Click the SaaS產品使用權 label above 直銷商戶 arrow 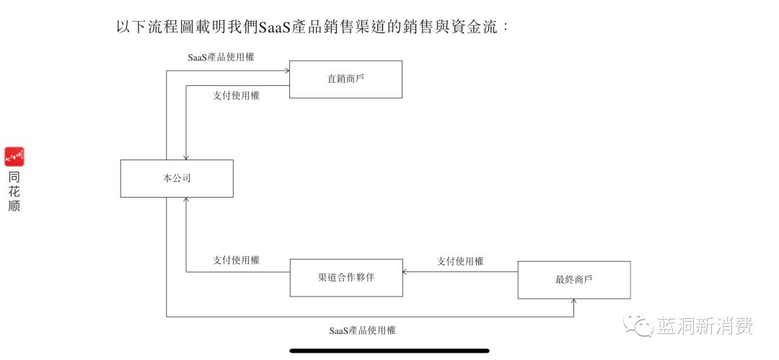point(221,57)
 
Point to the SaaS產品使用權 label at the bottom point(363,330)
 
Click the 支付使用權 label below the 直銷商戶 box point(236,96)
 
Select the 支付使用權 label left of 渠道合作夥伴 point(236,260)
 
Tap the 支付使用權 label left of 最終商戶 point(460,261)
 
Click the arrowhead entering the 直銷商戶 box point(286,71)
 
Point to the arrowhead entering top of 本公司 point(186,157)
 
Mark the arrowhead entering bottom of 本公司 point(186,201)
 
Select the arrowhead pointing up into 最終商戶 point(574,302)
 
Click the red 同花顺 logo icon point(14,157)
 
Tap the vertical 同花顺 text point(14,191)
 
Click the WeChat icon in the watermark point(639,325)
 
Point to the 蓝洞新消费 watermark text point(705,325)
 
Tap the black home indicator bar point(389,351)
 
